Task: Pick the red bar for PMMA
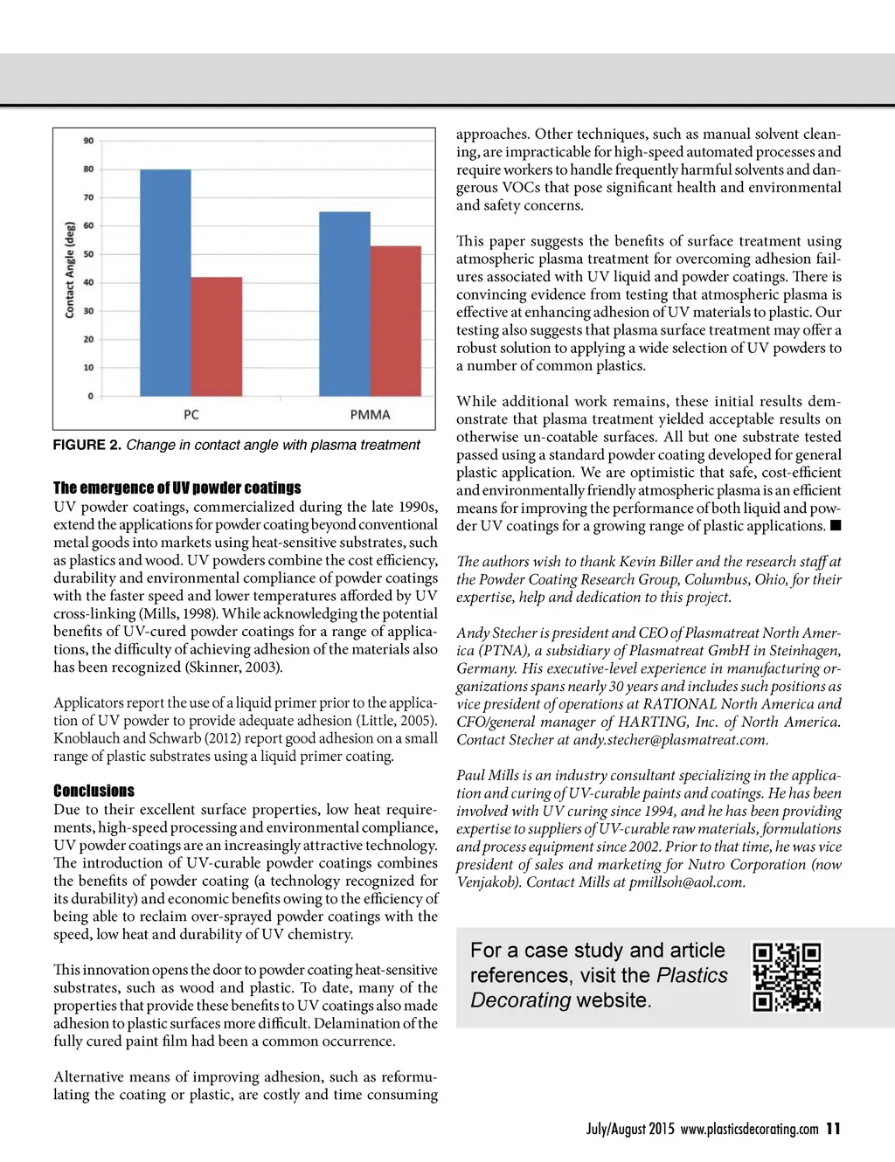click(x=396, y=321)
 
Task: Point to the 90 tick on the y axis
click(x=89, y=141)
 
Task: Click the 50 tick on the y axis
click(x=89, y=254)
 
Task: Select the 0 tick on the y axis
click(x=90, y=396)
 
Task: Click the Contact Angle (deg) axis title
click(x=70, y=269)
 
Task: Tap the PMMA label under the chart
click(x=370, y=414)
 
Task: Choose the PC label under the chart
click(x=191, y=414)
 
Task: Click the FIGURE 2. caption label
click(x=87, y=445)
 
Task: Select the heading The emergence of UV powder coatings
click(x=177, y=488)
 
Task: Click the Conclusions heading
click(x=94, y=791)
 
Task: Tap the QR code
click(x=787, y=976)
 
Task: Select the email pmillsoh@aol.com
click(x=686, y=882)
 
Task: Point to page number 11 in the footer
click(x=833, y=1129)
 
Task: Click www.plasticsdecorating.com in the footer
click(x=749, y=1129)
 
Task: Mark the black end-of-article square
click(x=836, y=525)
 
